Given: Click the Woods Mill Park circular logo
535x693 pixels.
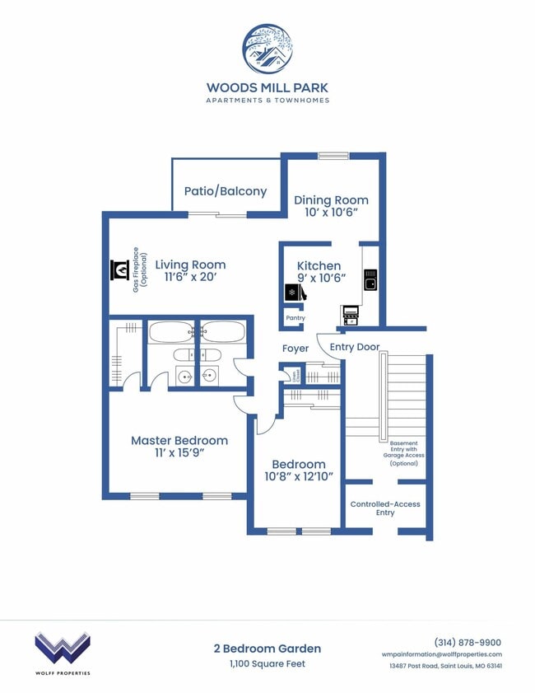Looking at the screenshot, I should (x=267, y=49).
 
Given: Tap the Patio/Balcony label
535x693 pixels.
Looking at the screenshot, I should (x=225, y=191).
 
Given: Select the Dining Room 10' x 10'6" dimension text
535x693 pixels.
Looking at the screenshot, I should (x=331, y=212).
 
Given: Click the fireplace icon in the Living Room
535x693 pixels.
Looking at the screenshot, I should (x=120, y=270).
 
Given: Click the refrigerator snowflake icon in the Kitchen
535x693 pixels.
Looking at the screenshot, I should (x=291, y=293).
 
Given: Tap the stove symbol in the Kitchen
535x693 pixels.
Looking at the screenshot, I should (x=351, y=313).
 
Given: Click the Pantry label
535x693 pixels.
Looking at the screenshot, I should (x=295, y=318).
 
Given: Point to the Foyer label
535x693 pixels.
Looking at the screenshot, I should (x=295, y=349).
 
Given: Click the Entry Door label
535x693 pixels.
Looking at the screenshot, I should (x=355, y=347).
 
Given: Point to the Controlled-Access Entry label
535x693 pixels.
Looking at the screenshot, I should (x=385, y=508).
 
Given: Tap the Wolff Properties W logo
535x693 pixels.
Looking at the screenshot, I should (x=62, y=648).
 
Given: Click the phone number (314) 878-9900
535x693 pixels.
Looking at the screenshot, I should (x=467, y=643).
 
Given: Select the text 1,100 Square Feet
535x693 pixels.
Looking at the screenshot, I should (x=267, y=663).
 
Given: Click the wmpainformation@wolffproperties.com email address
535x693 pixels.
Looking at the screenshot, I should (x=441, y=654).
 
